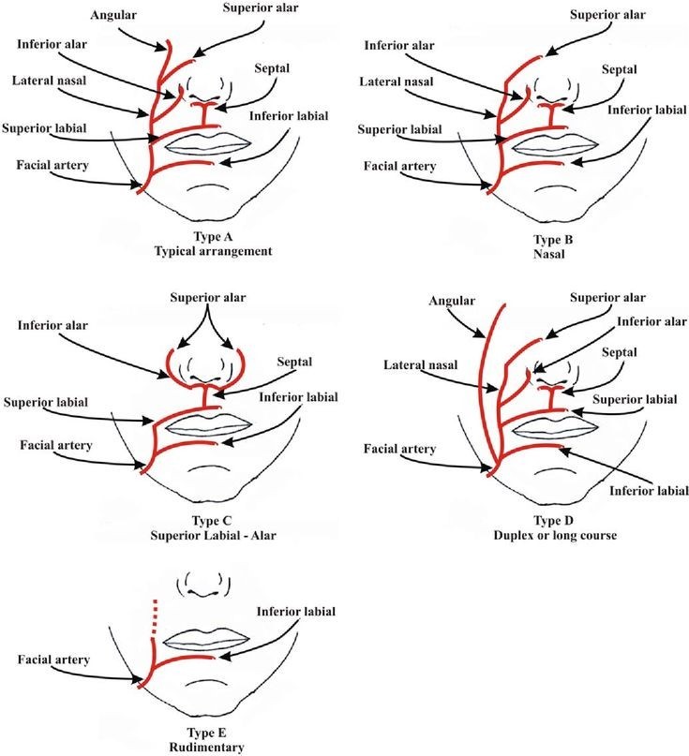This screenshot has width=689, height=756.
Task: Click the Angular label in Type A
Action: [x=113, y=15]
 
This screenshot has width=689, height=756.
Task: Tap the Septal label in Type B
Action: [x=619, y=69]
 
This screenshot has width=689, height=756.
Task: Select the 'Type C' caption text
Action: [x=212, y=521]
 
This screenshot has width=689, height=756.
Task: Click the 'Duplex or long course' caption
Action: [x=555, y=535]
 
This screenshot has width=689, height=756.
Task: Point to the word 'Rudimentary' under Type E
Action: [x=206, y=748]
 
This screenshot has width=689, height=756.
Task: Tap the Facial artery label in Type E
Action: [x=53, y=660]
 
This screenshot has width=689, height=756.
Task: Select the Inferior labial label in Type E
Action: [x=296, y=612]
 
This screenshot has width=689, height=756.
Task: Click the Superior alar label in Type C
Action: [x=207, y=298]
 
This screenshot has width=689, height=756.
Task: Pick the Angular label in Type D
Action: [x=452, y=301]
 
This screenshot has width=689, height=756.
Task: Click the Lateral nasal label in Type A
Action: [x=49, y=80]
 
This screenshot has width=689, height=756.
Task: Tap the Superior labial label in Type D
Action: [x=635, y=399]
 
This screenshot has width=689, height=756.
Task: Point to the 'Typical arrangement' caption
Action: [x=214, y=251]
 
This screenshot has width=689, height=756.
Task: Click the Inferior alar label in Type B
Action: [x=399, y=45]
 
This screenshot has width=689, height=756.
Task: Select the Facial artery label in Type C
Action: [x=56, y=445]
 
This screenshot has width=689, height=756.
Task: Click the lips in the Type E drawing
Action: [x=206, y=640]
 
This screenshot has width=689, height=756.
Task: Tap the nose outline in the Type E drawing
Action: [x=203, y=584]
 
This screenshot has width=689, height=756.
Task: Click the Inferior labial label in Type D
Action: [x=649, y=491]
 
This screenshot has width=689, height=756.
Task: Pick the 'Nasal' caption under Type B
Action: [x=548, y=254]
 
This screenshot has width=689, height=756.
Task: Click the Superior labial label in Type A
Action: [x=44, y=128]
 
